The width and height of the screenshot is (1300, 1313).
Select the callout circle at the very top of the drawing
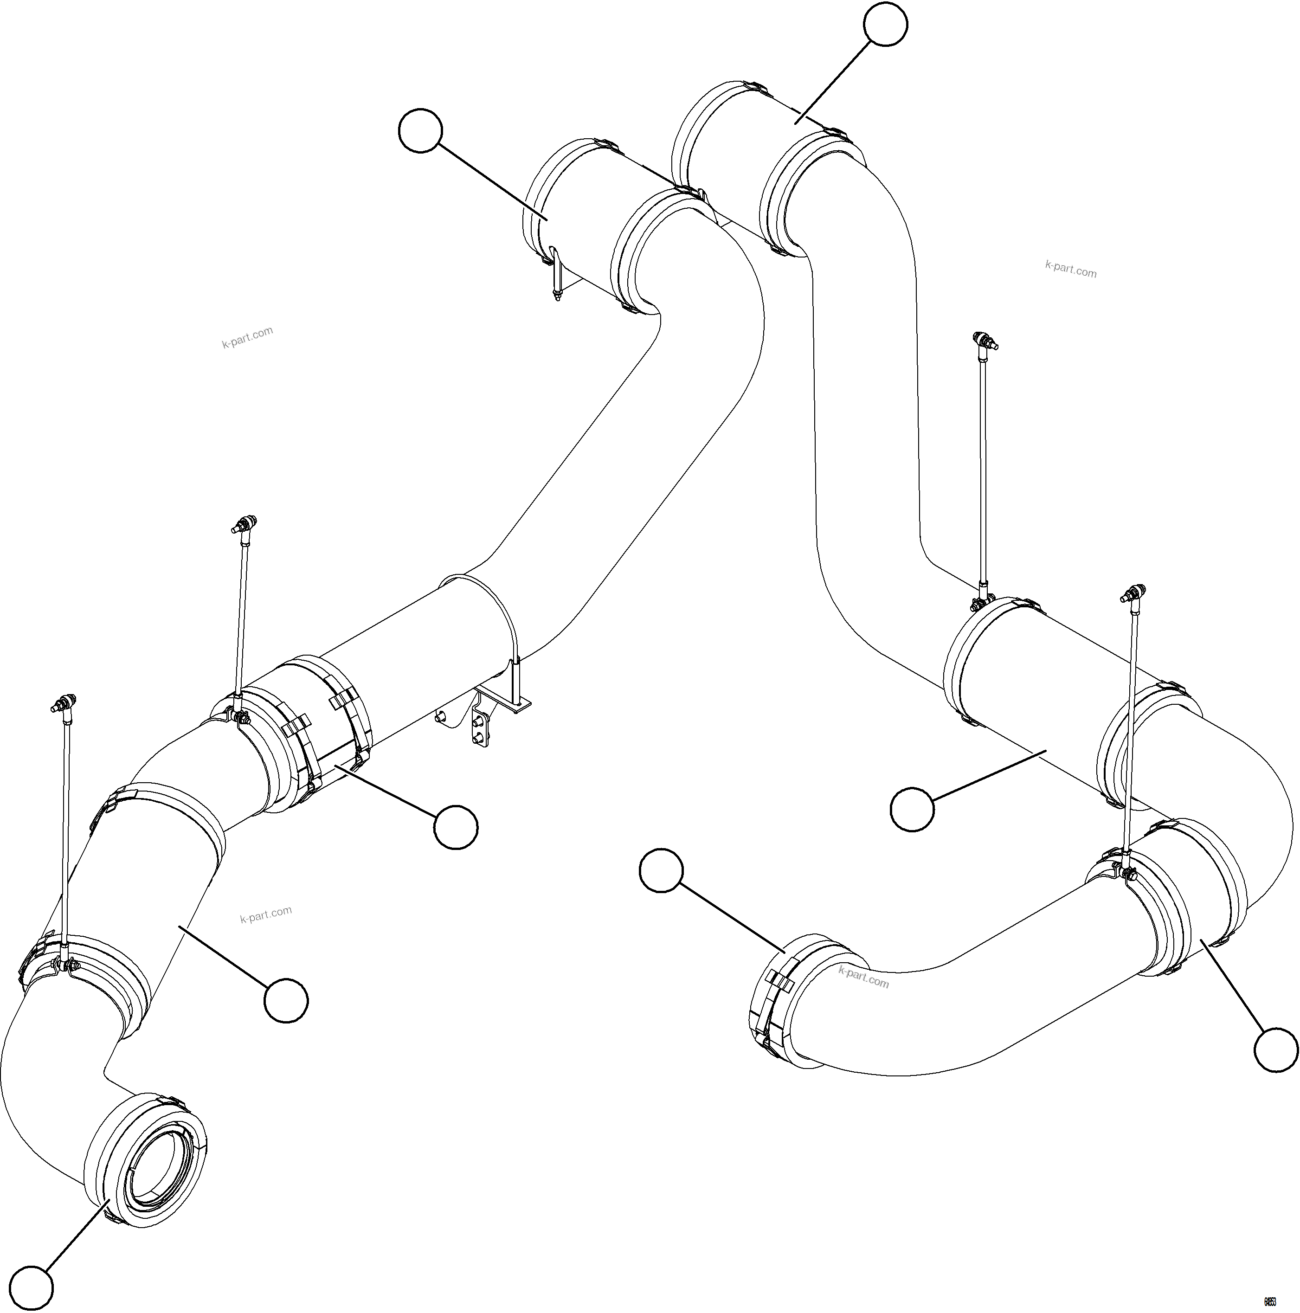885,25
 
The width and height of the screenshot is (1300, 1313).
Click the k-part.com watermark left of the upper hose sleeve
247,336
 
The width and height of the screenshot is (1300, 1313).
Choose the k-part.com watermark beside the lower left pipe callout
266,915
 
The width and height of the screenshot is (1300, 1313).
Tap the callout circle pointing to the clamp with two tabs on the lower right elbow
661,870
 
